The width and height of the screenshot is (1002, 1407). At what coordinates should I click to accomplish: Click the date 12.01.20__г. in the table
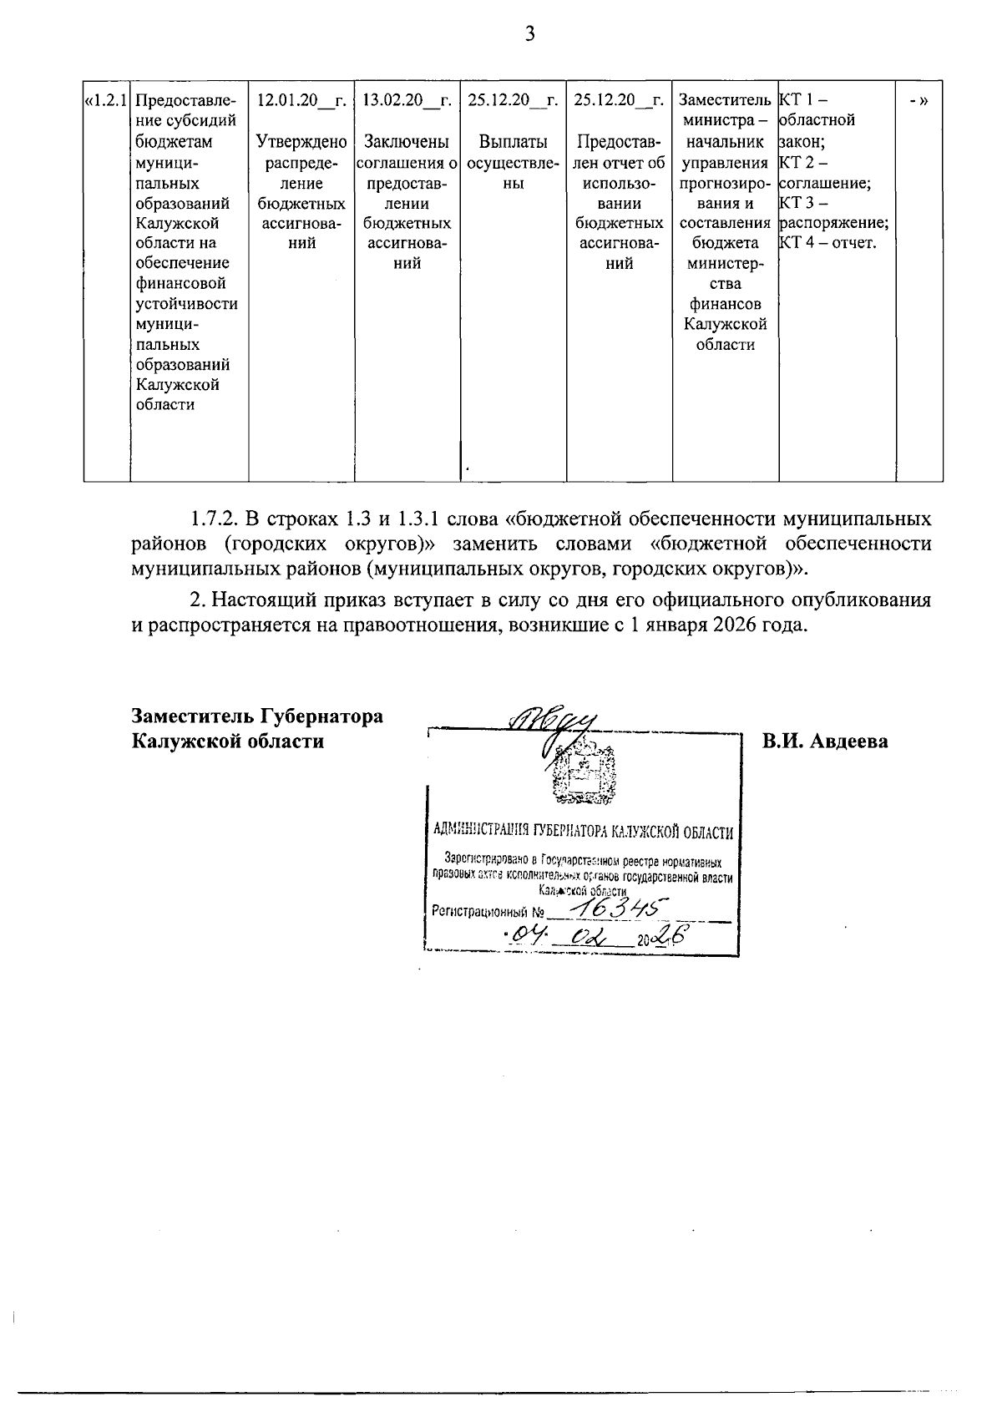click(301, 100)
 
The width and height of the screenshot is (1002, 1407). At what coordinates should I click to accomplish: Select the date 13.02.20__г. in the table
click(407, 100)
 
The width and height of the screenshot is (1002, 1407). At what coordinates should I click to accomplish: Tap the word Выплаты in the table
click(513, 142)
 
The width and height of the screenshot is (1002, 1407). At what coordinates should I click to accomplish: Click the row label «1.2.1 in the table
click(106, 100)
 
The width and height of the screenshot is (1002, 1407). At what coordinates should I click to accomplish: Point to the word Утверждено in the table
click(301, 142)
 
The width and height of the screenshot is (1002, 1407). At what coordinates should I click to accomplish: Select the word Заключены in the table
click(407, 142)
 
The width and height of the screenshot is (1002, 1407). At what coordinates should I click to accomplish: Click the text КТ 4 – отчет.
click(827, 243)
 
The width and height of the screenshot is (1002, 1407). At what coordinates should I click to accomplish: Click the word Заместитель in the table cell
click(725, 100)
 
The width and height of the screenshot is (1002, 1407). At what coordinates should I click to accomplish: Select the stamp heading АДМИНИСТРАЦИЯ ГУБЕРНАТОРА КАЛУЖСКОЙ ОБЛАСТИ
click(583, 832)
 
